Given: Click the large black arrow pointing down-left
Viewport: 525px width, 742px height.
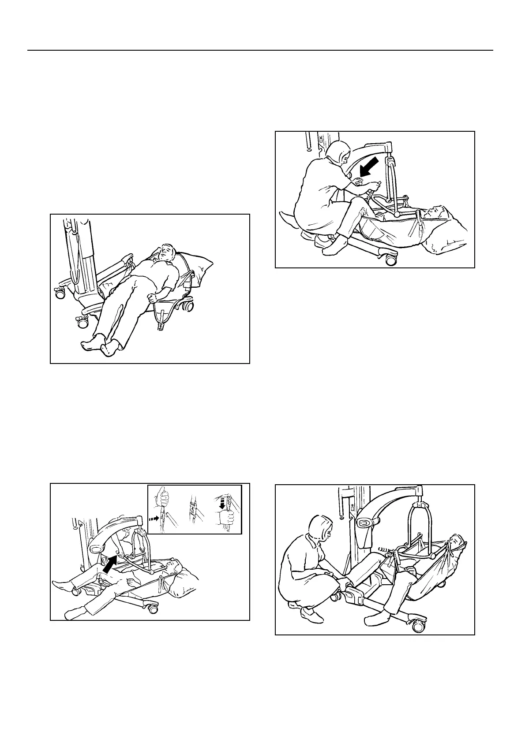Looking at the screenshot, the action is pyautogui.click(x=369, y=167).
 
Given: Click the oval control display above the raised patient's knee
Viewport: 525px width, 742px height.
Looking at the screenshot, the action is pyautogui.click(x=366, y=523).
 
